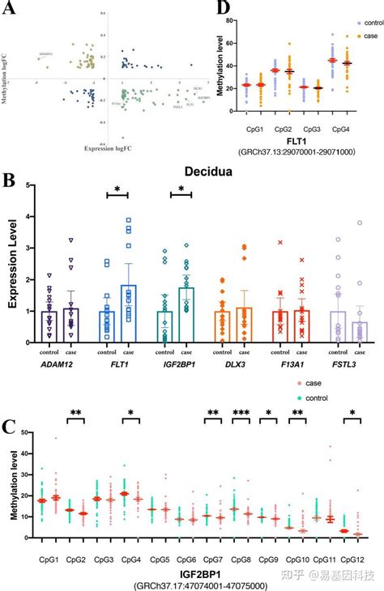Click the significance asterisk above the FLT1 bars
(117, 189)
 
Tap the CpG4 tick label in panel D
(344, 127)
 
